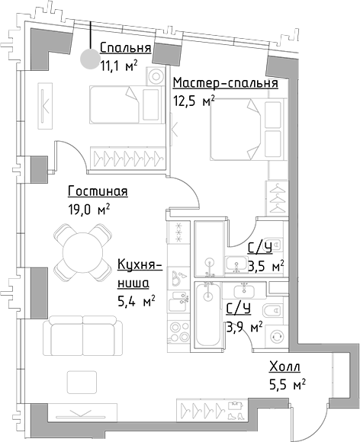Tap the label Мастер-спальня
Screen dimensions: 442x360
pos(224,82)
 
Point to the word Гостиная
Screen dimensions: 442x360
pos(97,191)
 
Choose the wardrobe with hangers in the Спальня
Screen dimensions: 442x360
pos(126,157)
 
